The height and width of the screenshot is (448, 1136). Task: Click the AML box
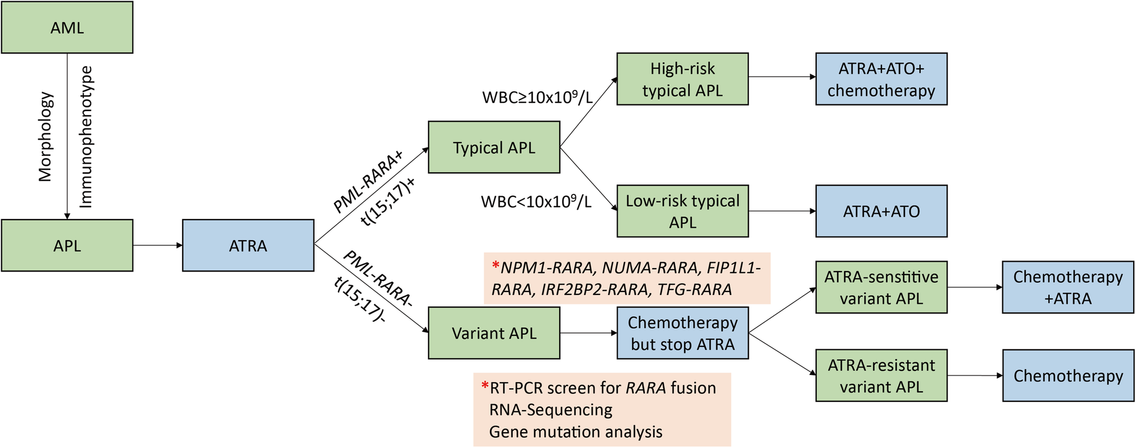point(67,27)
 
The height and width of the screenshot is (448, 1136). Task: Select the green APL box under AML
point(67,245)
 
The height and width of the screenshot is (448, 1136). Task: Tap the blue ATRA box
point(248,245)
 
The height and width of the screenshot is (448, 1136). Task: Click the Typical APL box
point(494,147)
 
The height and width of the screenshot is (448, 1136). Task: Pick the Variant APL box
point(494,333)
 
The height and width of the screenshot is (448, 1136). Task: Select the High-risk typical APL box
point(682,79)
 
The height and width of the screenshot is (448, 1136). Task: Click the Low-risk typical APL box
point(682,211)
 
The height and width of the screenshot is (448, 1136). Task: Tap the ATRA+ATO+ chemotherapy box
point(881,79)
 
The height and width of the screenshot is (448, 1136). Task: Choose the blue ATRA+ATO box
point(881,211)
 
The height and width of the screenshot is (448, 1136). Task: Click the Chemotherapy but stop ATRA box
point(682,333)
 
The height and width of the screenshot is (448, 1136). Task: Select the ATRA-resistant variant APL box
point(881,376)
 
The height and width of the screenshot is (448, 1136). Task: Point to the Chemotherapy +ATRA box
point(1068,287)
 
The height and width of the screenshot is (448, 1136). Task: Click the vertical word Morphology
point(46,136)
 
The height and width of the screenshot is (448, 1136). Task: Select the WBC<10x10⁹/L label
point(536,202)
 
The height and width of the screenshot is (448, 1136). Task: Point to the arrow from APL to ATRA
point(158,245)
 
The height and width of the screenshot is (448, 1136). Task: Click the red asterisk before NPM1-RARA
point(496,267)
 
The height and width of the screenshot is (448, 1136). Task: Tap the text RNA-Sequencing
point(550,410)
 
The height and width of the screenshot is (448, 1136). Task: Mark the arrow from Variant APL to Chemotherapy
point(588,333)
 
